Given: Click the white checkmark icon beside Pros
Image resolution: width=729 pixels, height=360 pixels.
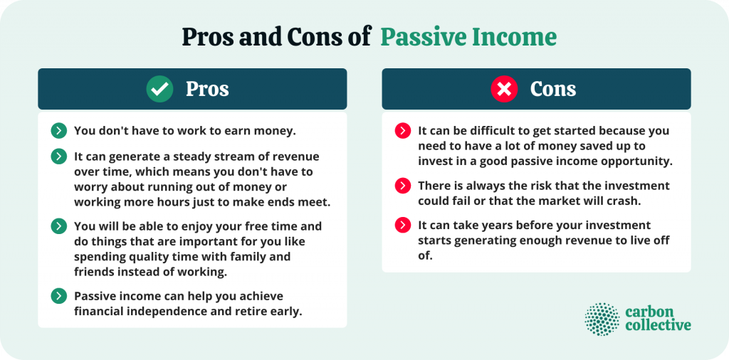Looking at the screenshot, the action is tap(159, 89).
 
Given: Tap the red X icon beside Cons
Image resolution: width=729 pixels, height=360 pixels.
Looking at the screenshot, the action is tap(504, 89).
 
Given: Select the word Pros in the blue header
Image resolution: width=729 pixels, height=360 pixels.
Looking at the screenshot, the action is tap(207, 89).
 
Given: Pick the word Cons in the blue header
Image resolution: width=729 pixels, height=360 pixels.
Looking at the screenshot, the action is tap(553, 89).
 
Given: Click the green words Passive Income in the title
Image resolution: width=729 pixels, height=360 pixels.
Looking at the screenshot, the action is tap(468, 37).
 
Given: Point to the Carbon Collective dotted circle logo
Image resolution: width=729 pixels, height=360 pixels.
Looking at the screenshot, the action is tap(602, 319).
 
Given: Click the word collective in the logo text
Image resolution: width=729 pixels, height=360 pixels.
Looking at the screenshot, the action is tap(658, 325).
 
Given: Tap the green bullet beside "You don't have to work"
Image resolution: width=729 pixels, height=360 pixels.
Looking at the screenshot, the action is tap(58, 131).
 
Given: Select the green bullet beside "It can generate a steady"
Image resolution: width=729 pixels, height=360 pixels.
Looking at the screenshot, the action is tap(58, 157).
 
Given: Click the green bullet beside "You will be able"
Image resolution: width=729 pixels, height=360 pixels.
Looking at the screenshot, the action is tap(58, 226).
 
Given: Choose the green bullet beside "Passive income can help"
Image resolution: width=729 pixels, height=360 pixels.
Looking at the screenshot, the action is tap(58, 296).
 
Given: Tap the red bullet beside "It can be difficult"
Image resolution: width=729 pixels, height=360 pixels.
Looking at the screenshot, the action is tap(403, 131).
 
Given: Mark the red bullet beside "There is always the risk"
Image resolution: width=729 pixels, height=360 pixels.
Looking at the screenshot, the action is tap(403, 186).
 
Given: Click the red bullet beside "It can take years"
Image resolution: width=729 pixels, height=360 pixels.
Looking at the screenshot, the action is tap(403, 226).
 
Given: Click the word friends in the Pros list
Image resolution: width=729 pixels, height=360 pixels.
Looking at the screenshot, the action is tap(93, 272).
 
